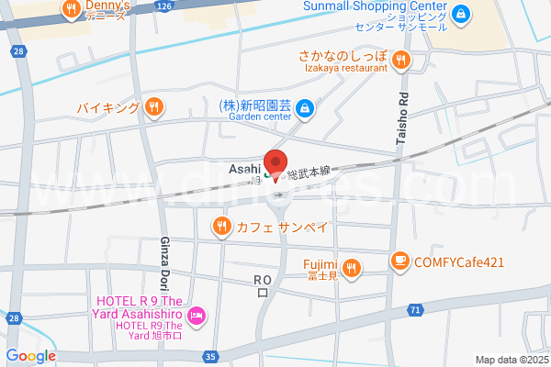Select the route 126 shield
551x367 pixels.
163,6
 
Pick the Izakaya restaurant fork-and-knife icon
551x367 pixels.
399,61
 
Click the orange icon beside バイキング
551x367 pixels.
154,107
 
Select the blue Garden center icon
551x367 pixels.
306,110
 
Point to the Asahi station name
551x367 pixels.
245,168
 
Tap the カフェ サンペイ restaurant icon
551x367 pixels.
220,226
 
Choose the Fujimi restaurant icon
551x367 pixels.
353,268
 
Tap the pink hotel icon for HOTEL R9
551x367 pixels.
195,317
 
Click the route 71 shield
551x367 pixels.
416,310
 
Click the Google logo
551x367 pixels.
30,356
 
